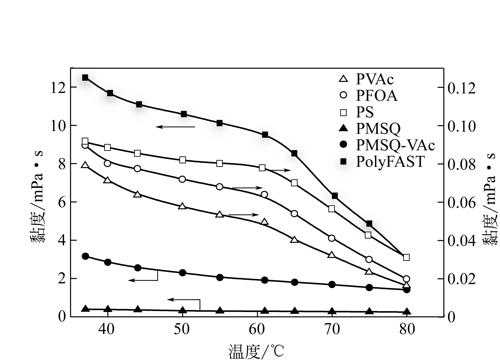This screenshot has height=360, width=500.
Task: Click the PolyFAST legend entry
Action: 390,162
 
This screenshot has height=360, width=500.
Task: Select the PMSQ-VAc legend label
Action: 395,145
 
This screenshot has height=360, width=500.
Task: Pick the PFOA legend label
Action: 377,96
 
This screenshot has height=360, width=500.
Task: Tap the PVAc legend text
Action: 375,79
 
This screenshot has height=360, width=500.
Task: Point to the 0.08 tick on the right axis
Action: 461,164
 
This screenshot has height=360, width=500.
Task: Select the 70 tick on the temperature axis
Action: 332,329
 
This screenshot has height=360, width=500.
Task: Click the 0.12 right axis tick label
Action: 461,88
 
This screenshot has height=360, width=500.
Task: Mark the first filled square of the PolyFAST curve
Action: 85,78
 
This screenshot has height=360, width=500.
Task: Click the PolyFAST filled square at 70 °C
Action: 335,196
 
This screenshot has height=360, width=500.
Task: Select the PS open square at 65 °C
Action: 294,183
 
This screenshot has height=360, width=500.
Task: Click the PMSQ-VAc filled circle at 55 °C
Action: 220,277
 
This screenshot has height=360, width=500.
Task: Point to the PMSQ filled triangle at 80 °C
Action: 407,311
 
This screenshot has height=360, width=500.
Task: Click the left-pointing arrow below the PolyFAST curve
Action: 175,127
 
